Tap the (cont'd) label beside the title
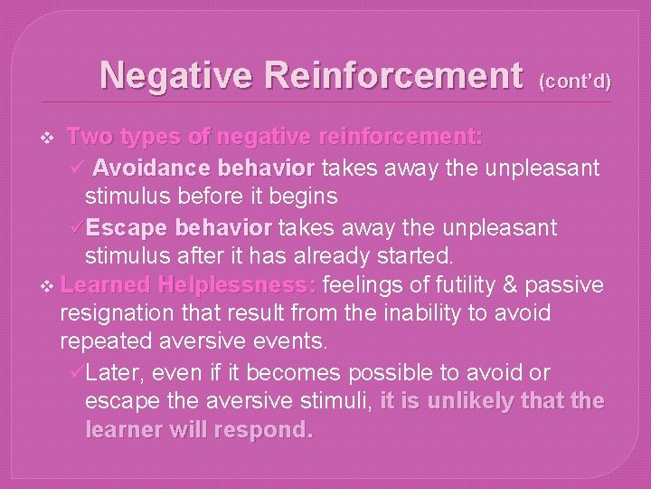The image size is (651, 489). (x=575, y=81)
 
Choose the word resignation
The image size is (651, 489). (x=118, y=314)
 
